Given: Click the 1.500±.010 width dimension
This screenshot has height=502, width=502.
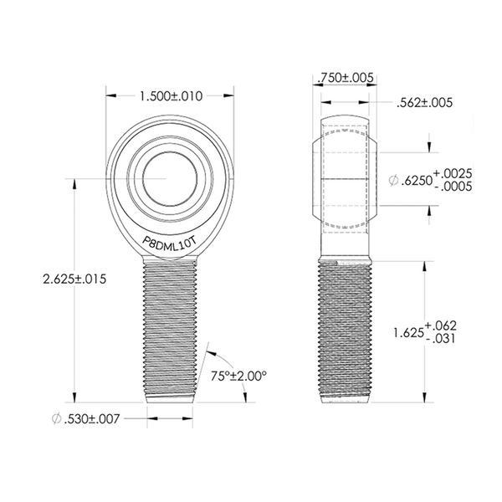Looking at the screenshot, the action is (172, 96).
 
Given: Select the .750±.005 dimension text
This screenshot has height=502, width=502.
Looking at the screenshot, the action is (346, 78).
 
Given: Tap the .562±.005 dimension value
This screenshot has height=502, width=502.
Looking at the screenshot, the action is (424, 103).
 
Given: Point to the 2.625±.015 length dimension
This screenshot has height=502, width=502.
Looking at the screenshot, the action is (74, 279).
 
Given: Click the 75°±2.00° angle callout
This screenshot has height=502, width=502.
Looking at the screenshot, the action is (238, 376).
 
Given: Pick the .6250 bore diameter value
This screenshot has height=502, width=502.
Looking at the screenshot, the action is (417, 181).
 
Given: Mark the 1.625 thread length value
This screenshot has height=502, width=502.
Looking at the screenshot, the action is (408, 333).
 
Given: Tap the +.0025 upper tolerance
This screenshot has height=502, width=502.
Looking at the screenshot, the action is (453, 174).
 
